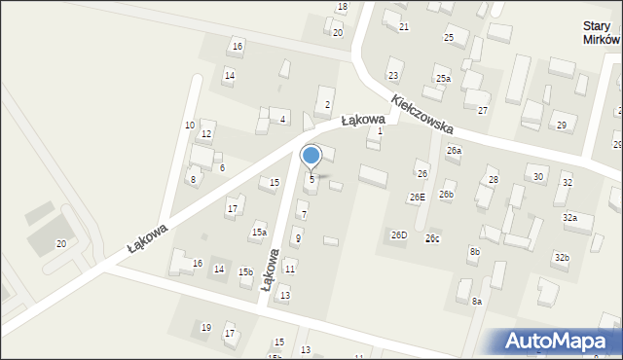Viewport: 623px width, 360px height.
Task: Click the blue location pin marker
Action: pyautogui.click(x=311, y=157)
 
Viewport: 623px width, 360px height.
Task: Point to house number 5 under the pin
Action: pyautogui.click(x=311, y=179)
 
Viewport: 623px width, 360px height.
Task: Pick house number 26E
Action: pyautogui.click(x=417, y=197)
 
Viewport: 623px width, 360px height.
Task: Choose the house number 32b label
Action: pyautogui.click(x=561, y=257)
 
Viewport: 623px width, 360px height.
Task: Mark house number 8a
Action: pyautogui.click(x=477, y=302)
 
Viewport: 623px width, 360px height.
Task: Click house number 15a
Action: pyautogui.click(x=259, y=233)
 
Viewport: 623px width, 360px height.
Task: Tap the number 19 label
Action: pyautogui.click(x=205, y=328)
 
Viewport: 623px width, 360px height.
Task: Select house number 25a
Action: pyautogui.click(x=443, y=79)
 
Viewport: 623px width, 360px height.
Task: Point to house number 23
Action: pyautogui.click(x=393, y=75)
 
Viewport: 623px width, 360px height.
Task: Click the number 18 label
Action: pyautogui.click(x=342, y=7)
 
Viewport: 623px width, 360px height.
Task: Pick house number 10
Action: pyautogui.click(x=189, y=126)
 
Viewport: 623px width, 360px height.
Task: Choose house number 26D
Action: pyautogui.click(x=399, y=234)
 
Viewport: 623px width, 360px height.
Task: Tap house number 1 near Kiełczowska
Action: pyautogui.click(x=380, y=130)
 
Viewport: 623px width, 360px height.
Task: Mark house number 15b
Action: pyautogui.click(x=245, y=272)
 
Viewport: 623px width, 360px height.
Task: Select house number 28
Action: pyautogui.click(x=493, y=180)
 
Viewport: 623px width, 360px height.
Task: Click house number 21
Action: pyautogui.click(x=403, y=26)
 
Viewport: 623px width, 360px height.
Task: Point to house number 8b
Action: pyautogui.click(x=474, y=252)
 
